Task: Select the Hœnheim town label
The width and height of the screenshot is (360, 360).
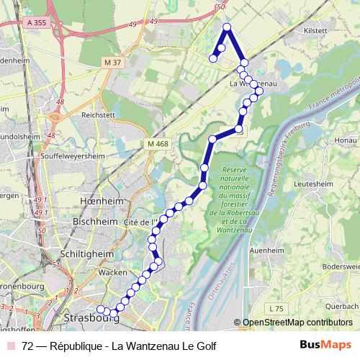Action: click(101, 202)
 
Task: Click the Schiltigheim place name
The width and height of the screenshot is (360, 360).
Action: click(89, 253)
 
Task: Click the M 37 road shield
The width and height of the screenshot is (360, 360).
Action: click(112, 63)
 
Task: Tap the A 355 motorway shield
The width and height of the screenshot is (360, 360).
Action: click(42, 24)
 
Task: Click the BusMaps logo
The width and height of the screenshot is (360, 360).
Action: click(325, 345)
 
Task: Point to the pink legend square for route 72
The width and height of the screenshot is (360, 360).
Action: click(11, 346)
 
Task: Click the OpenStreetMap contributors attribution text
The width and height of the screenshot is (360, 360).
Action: click(297, 323)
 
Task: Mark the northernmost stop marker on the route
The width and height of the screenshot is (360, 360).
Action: click(227, 27)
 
